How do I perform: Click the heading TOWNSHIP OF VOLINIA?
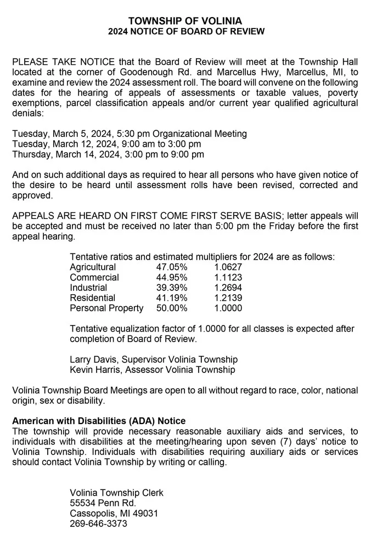(x=185, y=21)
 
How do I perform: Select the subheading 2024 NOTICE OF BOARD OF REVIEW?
(x=185, y=32)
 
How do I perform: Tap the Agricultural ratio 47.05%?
(x=172, y=267)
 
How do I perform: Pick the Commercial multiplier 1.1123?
(x=228, y=277)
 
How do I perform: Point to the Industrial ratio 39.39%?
(x=172, y=288)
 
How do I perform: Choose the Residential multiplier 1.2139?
(x=228, y=298)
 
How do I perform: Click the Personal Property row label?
(x=106, y=308)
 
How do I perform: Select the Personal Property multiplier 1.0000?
(x=228, y=308)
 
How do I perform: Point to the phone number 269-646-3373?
(x=99, y=524)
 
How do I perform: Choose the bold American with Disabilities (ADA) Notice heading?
(x=99, y=421)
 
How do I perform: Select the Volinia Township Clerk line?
(x=116, y=492)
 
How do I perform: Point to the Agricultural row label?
(x=93, y=267)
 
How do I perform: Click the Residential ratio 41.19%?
(x=172, y=298)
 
